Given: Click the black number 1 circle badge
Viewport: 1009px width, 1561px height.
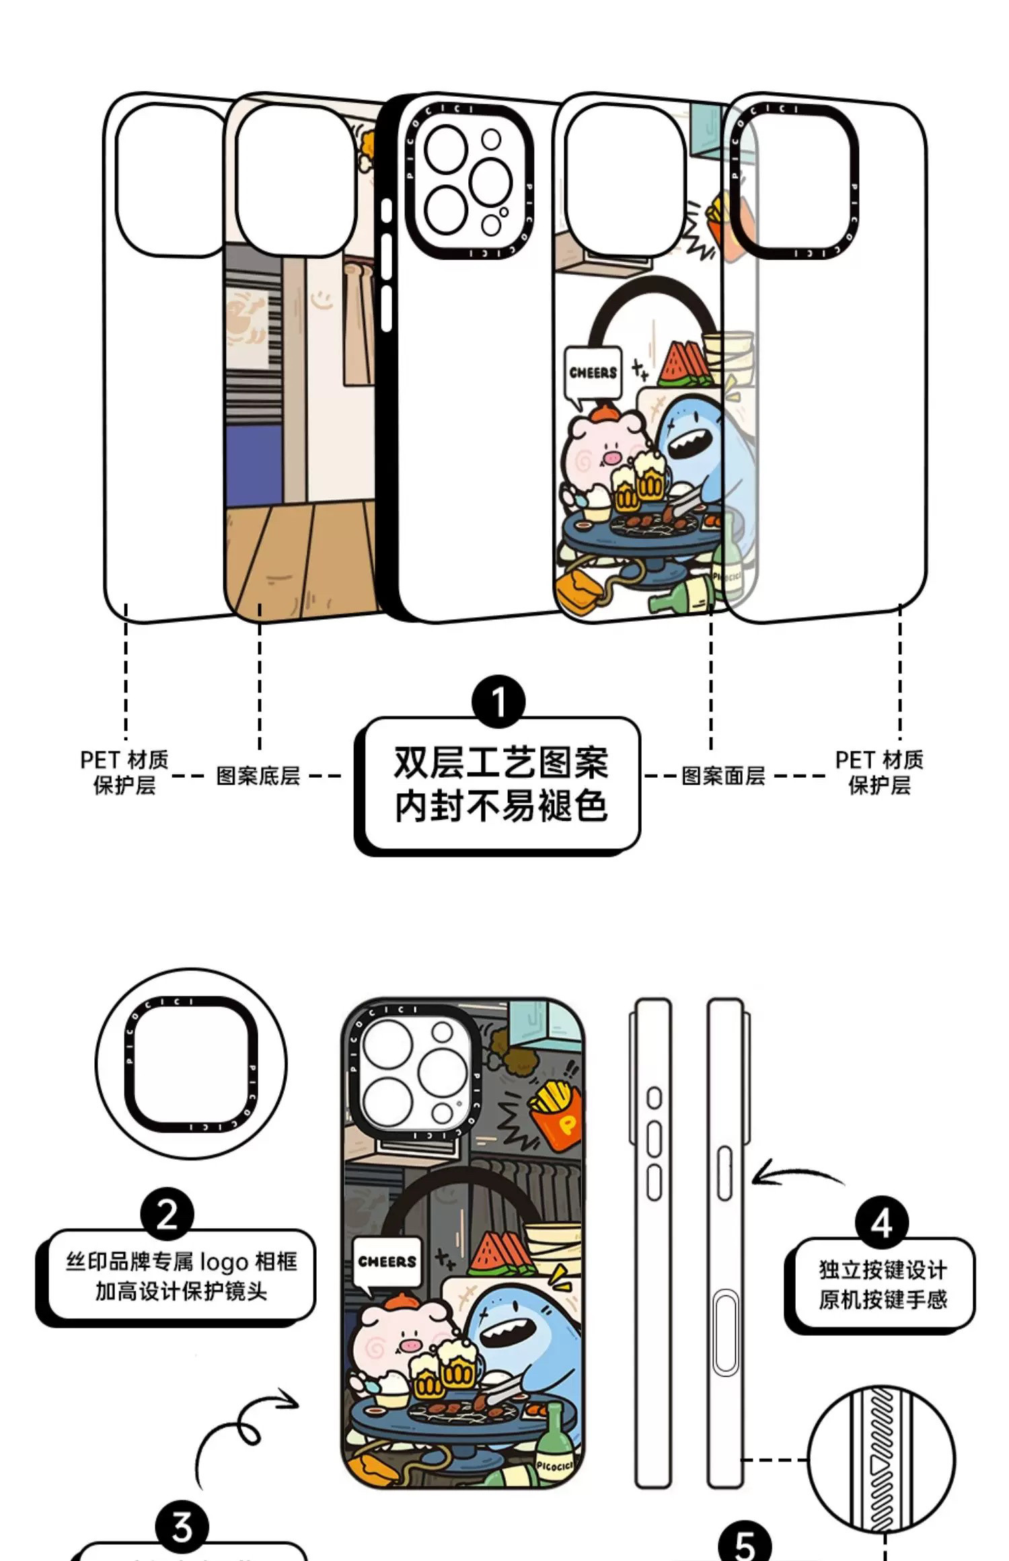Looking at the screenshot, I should pos(498,702).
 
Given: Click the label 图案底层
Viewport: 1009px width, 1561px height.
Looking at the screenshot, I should pos(258,775).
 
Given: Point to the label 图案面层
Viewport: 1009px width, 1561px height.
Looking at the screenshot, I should pos(723,775).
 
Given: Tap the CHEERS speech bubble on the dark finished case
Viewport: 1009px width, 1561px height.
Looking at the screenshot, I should pos(387,1262).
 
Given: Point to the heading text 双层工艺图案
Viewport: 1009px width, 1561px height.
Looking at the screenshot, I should pos(500,762).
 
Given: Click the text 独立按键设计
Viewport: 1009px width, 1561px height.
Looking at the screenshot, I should pos(883,1270).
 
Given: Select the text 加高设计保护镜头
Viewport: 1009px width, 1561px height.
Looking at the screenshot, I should pos(181,1291).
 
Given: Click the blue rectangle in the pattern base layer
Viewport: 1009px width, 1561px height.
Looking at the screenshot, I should pos(254,465).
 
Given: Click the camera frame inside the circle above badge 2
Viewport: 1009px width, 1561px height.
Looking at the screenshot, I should pos(191,1064).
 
